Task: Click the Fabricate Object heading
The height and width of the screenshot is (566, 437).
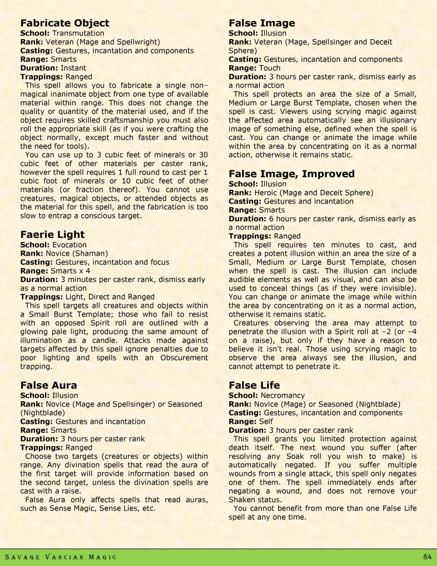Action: (x=65, y=23)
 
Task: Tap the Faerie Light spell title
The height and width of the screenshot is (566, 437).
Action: (x=52, y=235)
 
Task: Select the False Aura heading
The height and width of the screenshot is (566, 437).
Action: (x=48, y=385)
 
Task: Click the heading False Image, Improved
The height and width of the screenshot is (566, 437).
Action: (x=292, y=174)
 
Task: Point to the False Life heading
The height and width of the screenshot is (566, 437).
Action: (x=254, y=385)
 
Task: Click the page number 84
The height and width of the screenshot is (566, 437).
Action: (x=427, y=557)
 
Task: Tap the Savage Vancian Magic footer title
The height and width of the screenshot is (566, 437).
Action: (x=61, y=557)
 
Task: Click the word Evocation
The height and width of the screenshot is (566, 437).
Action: (x=69, y=245)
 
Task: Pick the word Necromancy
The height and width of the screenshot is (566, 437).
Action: (x=283, y=396)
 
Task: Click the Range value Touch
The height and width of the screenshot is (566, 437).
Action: (x=269, y=68)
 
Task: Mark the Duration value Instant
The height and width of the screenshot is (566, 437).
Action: (x=73, y=68)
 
